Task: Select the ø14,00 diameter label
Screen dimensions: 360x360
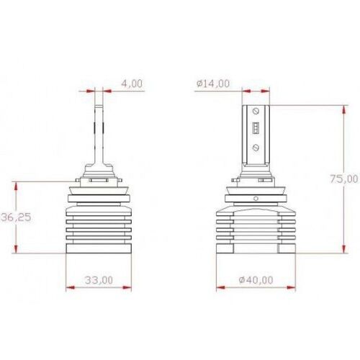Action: [212, 84]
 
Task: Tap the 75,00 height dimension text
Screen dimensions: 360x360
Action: [343, 178]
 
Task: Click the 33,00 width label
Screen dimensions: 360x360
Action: [99, 279]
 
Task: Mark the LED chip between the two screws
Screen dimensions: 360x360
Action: [256, 130]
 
